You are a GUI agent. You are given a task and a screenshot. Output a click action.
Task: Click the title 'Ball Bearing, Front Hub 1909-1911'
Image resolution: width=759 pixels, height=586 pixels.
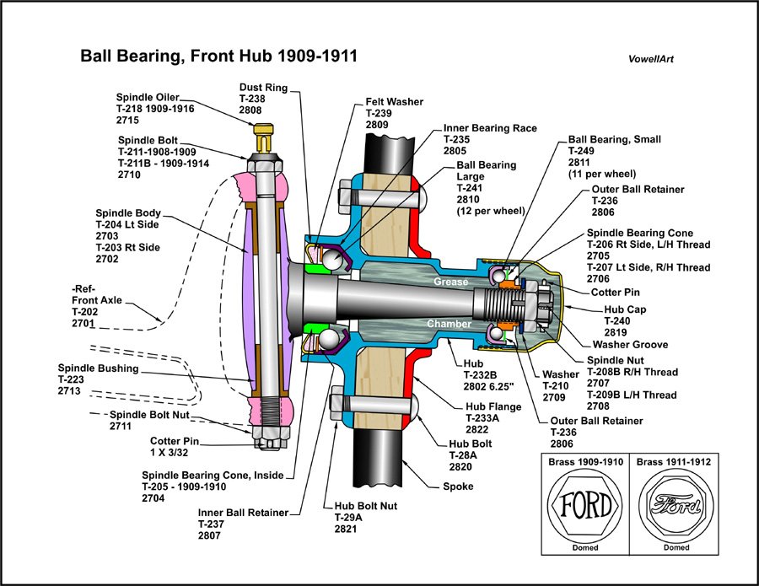click(x=218, y=56)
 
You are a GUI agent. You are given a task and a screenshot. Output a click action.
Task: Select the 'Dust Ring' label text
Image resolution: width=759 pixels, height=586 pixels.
click(x=263, y=87)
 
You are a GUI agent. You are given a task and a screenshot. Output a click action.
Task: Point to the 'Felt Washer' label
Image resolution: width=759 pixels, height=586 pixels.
click(x=394, y=101)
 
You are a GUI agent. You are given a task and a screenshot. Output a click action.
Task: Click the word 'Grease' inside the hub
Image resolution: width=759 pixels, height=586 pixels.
click(x=451, y=282)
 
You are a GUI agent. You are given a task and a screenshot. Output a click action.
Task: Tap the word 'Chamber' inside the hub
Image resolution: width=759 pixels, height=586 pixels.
click(x=449, y=324)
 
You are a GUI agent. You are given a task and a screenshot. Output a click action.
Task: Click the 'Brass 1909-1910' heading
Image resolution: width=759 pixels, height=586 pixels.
click(x=584, y=462)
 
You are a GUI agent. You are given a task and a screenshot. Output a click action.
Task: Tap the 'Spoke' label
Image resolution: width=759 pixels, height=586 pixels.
click(x=459, y=487)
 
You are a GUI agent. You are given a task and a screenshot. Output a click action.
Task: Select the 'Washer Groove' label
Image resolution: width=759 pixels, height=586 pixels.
click(x=630, y=344)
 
